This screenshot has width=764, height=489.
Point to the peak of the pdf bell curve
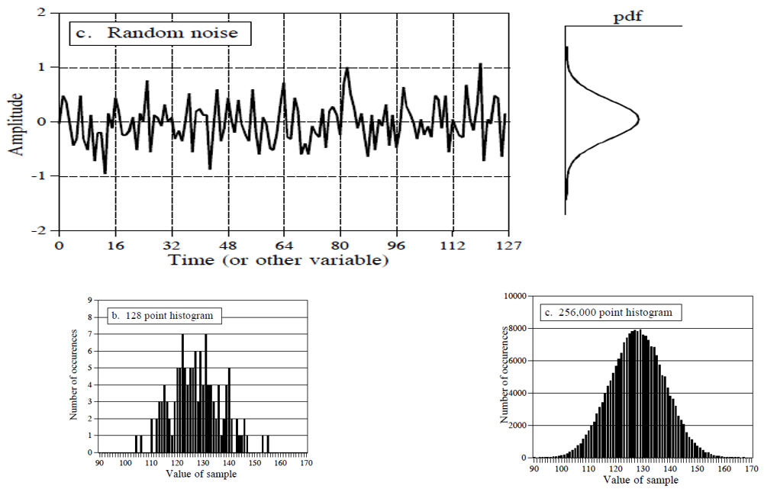pos(638,120)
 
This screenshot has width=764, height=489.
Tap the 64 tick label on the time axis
pos(284,246)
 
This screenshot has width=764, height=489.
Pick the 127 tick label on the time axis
pos(508,246)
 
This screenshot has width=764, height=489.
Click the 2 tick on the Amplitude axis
pos(40,13)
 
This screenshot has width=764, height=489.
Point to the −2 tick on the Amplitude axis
pos(37,230)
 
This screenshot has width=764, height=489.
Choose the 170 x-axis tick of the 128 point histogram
pos(306,462)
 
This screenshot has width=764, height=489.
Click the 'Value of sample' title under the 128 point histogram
pos(203,473)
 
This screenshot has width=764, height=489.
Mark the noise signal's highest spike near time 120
pos(480,64)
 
